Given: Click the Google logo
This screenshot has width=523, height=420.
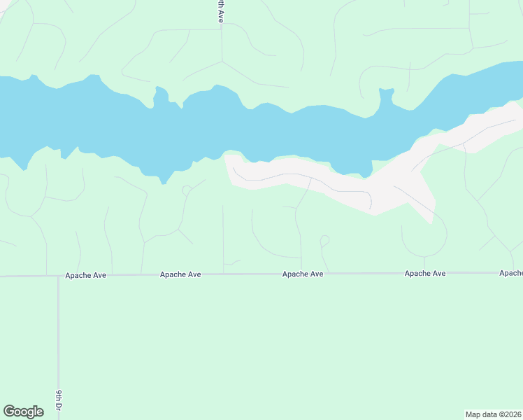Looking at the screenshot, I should [23, 412].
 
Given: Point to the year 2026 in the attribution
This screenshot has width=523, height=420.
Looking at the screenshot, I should [512, 414].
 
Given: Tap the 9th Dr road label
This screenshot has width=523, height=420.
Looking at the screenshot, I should [59, 400].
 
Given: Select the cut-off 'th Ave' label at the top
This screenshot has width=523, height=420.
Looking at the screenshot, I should [220, 12].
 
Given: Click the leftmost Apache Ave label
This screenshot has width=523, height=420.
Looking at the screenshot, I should [85, 275].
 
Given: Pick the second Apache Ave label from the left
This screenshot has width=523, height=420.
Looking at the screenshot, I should [180, 274].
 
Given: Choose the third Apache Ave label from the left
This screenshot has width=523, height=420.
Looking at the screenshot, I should [303, 274].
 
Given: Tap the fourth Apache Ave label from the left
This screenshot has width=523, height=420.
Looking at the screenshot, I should [425, 274].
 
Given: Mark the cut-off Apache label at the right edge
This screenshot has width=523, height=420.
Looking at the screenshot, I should [511, 273].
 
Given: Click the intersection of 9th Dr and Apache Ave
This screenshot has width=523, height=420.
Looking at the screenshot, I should [58, 276].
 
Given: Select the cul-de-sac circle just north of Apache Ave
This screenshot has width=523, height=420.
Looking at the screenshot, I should [324, 240].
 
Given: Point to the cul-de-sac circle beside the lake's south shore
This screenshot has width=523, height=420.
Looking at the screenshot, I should [186, 190].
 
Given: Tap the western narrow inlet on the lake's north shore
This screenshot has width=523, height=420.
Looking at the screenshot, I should [160, 95].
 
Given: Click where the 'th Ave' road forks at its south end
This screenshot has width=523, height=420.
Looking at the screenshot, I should [222, 62].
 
